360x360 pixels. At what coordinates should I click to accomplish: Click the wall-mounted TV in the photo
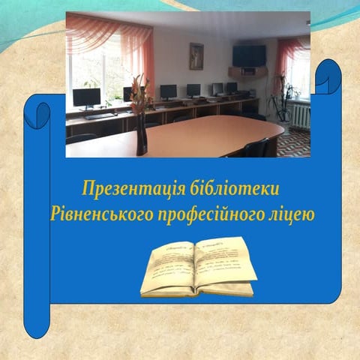tap(249, 55)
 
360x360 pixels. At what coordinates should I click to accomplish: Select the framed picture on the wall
tap(196, 55)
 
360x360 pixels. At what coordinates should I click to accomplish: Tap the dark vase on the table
tap(141, 136)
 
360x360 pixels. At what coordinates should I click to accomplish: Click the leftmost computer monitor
tap(86, 97)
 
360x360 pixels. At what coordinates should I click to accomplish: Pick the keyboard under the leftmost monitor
tap(97, 115)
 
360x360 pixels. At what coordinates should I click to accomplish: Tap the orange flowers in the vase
tap(139, 90)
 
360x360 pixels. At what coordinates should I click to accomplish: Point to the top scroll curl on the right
tap(328, 76)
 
